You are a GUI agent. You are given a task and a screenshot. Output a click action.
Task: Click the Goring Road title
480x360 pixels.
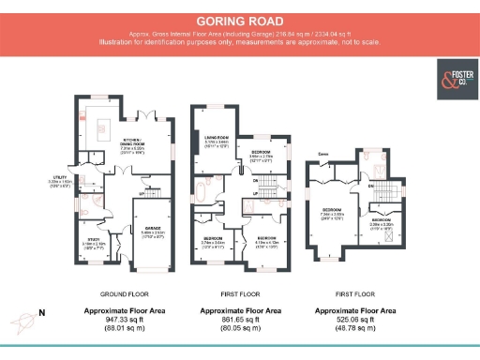[240, 20]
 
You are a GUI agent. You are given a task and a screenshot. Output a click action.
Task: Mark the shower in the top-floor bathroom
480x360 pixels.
[391, 172]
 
